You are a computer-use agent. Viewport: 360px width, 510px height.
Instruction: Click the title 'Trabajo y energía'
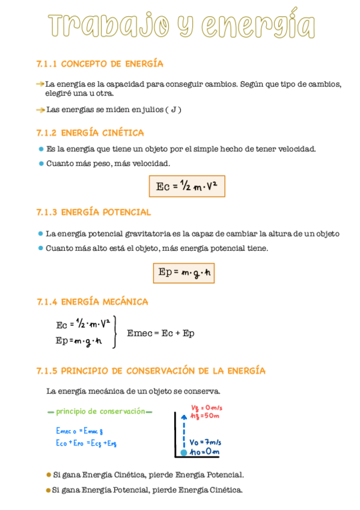(x=181, y=25)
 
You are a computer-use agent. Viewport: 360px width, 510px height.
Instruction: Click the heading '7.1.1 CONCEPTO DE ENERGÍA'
(x=100, y=64)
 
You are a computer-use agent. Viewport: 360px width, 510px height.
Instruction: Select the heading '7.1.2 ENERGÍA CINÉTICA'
(x=90, y=132)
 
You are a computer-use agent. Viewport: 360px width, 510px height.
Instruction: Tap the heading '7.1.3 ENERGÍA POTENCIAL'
(x=94, y=212)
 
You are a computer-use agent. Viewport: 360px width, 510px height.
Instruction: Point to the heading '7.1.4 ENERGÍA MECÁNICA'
(x=92, y=301)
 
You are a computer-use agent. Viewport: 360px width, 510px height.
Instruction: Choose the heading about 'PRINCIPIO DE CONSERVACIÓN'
(x=151, y=370)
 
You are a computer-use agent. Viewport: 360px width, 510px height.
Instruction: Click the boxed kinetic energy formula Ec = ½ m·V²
(x=186, y=186)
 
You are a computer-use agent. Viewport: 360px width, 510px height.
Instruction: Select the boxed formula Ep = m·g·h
(x=183, y=273)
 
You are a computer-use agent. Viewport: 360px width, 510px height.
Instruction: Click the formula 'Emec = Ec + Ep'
(x=160, y=333)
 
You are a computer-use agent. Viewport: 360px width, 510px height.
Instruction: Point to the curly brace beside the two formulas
(x=114, y=332)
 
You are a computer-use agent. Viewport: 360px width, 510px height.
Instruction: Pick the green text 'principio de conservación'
(x=100, y=411)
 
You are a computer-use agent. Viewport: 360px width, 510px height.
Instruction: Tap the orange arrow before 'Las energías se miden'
(x=40, y=109)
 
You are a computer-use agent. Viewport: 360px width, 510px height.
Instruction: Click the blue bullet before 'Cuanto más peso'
(x=40, y=163)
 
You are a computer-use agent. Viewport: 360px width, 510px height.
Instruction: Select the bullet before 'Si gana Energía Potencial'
(x=48, y=490)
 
